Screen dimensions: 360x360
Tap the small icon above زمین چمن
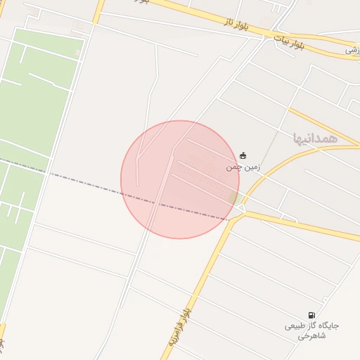point(243,155)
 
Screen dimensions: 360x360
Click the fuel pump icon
point(311,315)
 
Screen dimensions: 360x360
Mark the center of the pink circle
point(180,179)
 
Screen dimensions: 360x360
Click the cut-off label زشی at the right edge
point(353,50)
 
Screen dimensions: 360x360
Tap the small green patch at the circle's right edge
point(233,198)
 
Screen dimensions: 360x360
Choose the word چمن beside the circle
point(232,167)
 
